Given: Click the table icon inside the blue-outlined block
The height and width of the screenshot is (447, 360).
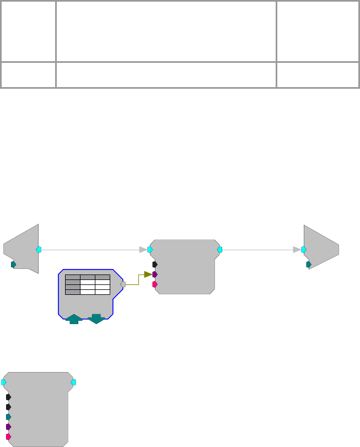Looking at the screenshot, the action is click(x=87, y=284).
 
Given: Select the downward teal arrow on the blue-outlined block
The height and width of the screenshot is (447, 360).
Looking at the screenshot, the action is click(x=96, y=318).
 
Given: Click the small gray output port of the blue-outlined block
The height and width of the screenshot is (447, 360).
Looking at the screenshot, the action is click(x=123, y=284).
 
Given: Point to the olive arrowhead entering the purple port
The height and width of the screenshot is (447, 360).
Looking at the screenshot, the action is click(x=148, y=274).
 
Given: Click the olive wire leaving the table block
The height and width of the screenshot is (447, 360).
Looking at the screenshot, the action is click(x=132, y=281).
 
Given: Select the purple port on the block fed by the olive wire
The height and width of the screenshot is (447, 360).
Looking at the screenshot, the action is click(x=155, y=274).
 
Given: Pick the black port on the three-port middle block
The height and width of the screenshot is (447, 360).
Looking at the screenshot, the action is click(x=155, y=264).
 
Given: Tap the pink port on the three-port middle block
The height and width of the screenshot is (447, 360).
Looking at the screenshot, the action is click(x=155, y=284).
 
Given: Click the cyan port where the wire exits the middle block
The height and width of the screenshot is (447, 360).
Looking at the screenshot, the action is click(x=219, y=250).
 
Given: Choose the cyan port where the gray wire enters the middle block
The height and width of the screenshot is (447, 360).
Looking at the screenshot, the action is click(x=150, y=250).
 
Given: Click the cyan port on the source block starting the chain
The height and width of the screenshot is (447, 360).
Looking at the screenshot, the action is click(x=39, y=250).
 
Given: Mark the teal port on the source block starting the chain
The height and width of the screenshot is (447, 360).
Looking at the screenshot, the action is click(x=14, y=265).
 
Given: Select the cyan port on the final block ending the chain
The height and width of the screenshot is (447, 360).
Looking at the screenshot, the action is click(x=304, y=250).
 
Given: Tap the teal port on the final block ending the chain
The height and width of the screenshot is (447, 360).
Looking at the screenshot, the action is click(x=309, y=265).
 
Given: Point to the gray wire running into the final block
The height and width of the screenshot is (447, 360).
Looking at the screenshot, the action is click(x=259, y=250).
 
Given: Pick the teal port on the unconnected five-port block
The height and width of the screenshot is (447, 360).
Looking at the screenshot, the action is click(x=8, y=417).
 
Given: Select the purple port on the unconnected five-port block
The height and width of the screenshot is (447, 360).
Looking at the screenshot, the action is click(x=8, y=427).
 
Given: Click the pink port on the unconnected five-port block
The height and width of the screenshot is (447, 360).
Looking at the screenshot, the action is click(x=8, y=437).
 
